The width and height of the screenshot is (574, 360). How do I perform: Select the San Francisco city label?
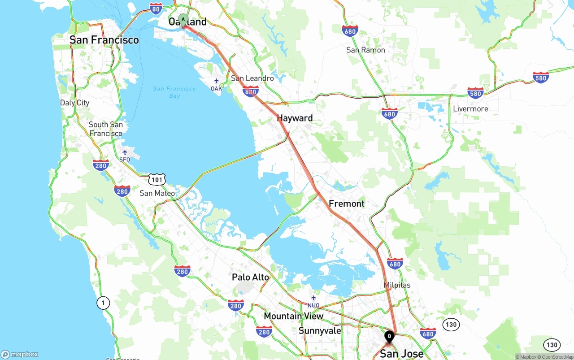(x=104, y=40)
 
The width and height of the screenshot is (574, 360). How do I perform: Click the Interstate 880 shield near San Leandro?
(x=250, y=91)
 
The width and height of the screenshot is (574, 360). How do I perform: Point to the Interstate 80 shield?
(x=156, y=8)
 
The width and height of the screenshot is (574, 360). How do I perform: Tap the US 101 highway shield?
(x=157, y=180)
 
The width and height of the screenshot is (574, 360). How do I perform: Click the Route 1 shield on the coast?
(x=103, y=304)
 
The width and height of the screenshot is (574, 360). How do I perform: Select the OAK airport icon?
(x=216, y=81)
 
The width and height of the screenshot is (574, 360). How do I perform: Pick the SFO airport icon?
(x=125, y=152)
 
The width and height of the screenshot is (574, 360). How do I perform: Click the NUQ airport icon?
(x=313, y=298)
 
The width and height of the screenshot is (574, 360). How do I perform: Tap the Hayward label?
(x=295, y=118)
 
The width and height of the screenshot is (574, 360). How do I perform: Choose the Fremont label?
(x=347, y=204)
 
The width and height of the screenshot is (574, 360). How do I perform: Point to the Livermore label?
(x=470, y=109)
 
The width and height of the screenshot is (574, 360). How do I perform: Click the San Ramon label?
(x=365, y=50)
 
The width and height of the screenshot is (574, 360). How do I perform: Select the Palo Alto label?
(x=250, y=277)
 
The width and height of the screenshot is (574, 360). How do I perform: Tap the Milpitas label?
(x=397, y=285)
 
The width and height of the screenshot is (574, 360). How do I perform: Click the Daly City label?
(x=74, y=103)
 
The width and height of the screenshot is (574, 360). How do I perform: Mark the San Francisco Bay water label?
(x=174, y=92)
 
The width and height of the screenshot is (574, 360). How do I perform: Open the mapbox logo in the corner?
(x=20, y=354)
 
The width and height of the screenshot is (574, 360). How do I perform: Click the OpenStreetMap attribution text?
(x=557, y=357)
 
